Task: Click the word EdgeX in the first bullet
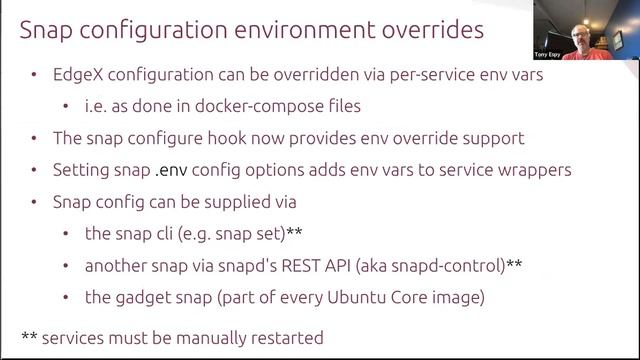click(78, 76)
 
